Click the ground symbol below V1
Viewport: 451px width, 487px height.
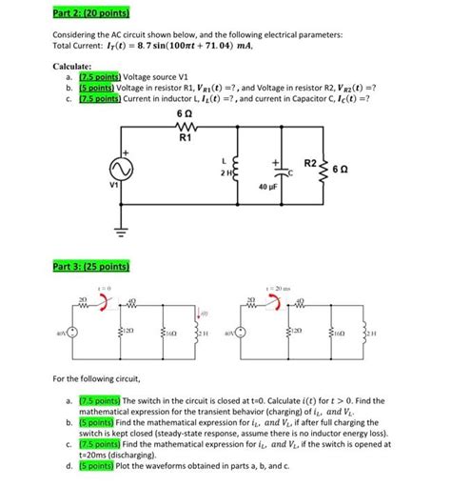[x=123, y=234]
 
